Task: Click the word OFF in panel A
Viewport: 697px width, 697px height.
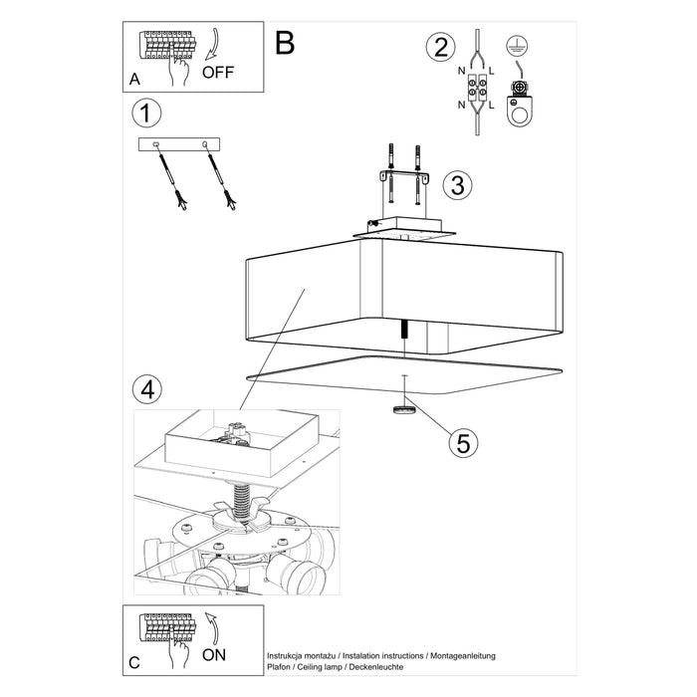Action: click(x=219, y=73)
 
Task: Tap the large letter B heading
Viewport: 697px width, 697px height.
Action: click(x=285, y=43)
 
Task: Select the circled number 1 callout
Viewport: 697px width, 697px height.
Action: click(x=147, y=114)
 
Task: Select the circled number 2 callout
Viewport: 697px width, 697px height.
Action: click(x=438, y=47)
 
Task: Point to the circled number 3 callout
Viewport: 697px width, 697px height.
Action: click(x=456, y=184)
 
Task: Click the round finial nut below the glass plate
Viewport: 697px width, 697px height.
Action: click(x=403, y=408)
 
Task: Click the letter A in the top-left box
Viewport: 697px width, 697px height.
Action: click(x=134, y=78)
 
